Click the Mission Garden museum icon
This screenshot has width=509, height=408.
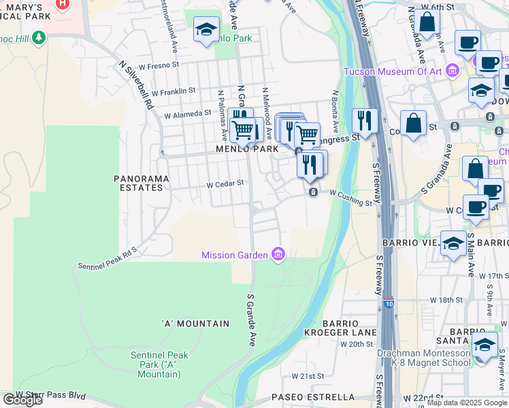(x=278, y=255)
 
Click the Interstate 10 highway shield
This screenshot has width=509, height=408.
(x=387, y=300)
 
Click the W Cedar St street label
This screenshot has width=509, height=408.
(x=225, y=184)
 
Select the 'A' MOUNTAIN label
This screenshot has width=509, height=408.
(x=195, y=324)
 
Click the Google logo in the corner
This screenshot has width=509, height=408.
(x=22, y=400)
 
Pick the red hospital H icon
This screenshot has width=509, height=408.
(x=62, y=3)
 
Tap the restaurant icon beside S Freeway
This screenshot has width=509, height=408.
(x=365, y=121)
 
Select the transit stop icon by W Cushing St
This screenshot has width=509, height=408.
(x=312, y=193)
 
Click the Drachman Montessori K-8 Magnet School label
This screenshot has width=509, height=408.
(x=424, y=358)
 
